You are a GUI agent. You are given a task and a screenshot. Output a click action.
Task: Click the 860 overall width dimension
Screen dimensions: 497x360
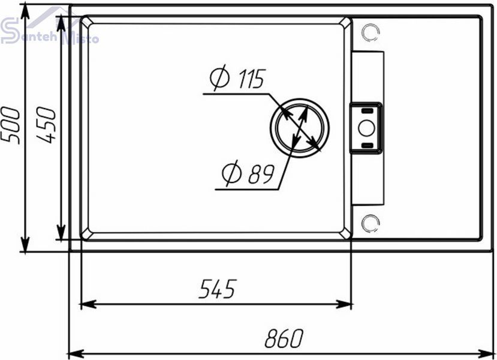[x=284, y=338]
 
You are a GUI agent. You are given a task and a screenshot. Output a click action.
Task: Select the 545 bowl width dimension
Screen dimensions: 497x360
[x=218, y=289]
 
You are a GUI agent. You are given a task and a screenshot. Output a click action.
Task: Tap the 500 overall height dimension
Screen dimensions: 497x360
[x=10, y=125]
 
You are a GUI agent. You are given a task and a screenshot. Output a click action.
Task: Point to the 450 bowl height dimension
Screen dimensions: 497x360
[x=46, y=125]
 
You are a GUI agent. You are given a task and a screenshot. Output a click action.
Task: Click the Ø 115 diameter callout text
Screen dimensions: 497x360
[x=237, y=78]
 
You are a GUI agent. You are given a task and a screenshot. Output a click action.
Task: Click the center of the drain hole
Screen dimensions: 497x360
[x=300, y=128]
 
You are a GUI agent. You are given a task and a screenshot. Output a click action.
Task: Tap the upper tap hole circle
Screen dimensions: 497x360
[x=371, y=32]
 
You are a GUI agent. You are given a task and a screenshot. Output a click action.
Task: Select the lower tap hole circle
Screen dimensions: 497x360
[x=371, y=223]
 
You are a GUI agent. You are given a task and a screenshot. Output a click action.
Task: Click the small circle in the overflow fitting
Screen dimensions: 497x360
[x=367, y=128]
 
